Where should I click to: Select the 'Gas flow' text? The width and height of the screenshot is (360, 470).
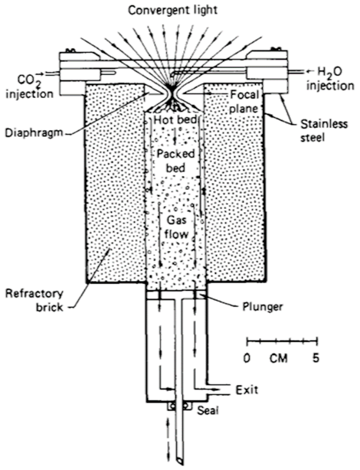(x=178, y=227)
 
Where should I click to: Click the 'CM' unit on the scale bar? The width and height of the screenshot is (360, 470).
(x=279, y=357)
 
